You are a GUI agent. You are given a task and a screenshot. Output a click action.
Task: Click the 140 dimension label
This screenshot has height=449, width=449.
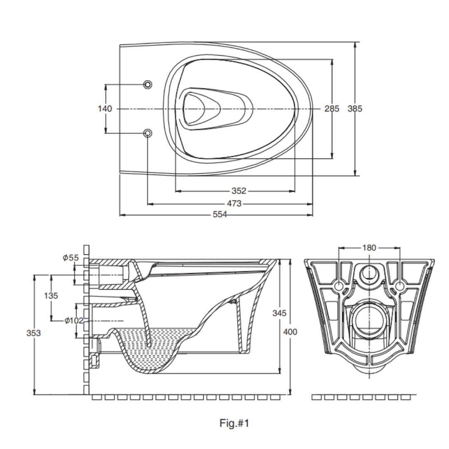click(x=105, y=109)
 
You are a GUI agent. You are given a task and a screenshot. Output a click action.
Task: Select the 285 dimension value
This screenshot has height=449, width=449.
click(x=332, y=109)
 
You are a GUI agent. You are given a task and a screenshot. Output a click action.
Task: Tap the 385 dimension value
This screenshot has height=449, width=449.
click(x=355, y=109)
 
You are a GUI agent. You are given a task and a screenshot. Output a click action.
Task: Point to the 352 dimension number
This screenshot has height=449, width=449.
click(x=239, y=191)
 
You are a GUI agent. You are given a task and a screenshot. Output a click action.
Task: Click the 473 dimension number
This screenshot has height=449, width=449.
click(x=234, y=204)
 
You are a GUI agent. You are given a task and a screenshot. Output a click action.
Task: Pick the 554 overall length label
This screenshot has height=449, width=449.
click(x=220, y=215)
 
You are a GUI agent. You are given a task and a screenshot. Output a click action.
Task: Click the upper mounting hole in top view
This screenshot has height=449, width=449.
click(x=148, y=85)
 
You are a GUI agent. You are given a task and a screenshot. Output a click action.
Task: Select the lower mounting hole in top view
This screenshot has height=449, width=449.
click(x=148, y=133)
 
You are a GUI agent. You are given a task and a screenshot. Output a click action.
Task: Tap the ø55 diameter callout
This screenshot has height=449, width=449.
click(x=71, y=258)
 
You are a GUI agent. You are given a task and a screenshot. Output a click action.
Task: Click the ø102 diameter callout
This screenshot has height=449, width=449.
click(x=74, y=321)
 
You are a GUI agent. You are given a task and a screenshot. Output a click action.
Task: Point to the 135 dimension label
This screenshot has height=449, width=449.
click(x=51, y=296)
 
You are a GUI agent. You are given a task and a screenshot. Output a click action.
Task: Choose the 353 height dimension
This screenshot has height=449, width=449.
click(x=33, y=333)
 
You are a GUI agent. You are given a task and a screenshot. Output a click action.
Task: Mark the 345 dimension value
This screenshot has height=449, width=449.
click(x=279, y=313)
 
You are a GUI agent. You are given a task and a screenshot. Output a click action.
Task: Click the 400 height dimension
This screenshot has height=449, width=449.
click(x=290, y=332)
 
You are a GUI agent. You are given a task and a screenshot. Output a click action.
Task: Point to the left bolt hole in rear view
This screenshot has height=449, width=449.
click(x=339, y=286)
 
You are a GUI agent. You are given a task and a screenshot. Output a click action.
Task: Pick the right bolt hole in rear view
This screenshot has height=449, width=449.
click(x=400, y=286)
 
